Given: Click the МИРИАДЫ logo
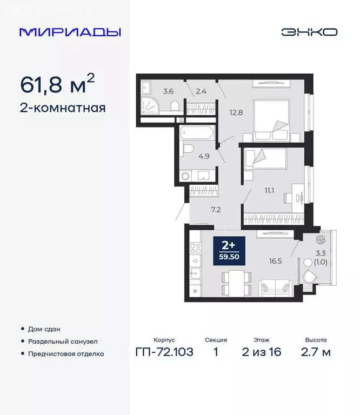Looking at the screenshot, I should [70, 32].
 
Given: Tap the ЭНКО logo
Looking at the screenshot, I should [309, 32].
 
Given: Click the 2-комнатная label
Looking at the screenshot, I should [62, 108].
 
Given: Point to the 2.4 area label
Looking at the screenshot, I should [201, 91].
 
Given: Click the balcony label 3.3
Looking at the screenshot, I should [320, 252].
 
